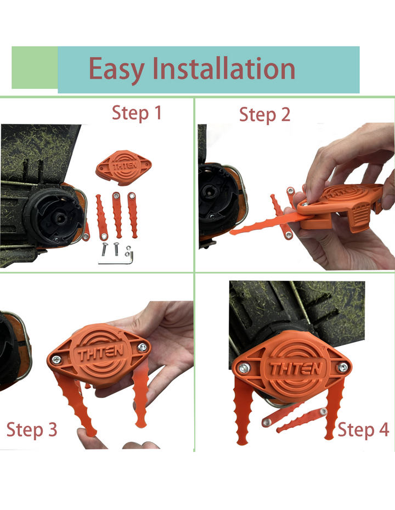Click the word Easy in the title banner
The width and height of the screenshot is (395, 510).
coord(116,70)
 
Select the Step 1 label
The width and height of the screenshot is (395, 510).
coord(137,114)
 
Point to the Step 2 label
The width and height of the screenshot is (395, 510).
coord(264,115)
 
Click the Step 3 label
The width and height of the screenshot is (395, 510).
coord(32,430)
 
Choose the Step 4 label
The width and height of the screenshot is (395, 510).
coord(363,430)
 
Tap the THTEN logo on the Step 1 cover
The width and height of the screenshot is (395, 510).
coord(125,166)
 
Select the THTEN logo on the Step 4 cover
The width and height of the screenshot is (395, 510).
coord(296,369)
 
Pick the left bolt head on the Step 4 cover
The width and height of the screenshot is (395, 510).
coord(244,368)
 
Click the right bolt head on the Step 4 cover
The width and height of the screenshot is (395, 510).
coord(342,367)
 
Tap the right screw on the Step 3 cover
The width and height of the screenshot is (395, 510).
coord(142,347)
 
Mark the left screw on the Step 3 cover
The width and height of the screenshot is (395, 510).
coord(57,360)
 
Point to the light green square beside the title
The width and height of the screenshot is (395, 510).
coord(35,67)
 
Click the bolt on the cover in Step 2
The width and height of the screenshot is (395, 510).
coord(304,204)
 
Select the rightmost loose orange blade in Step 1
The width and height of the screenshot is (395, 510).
coord(132,214)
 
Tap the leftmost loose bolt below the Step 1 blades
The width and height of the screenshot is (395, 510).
coord(104,249)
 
